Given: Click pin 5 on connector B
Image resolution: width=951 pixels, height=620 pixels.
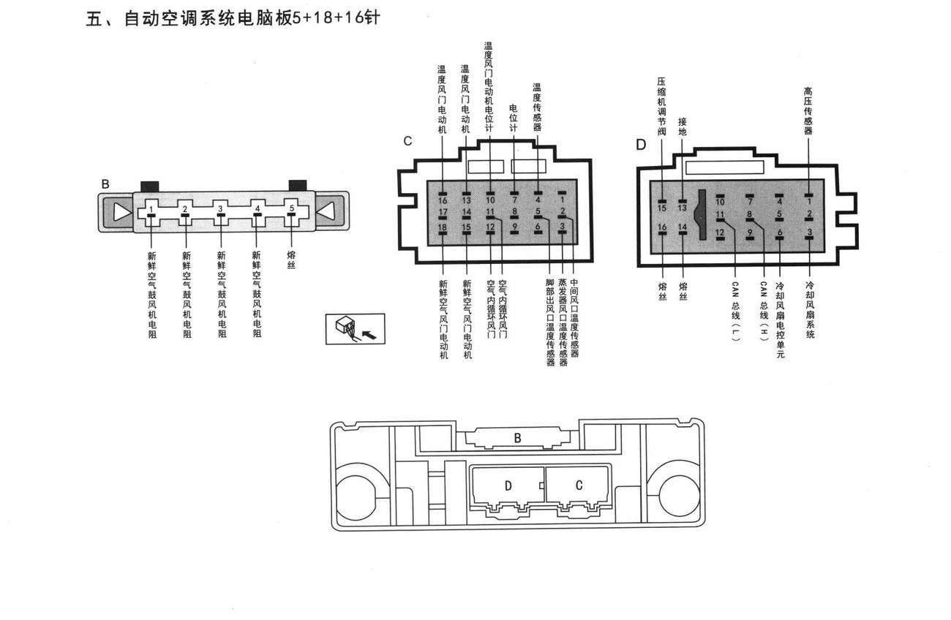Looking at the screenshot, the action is pos(292,215).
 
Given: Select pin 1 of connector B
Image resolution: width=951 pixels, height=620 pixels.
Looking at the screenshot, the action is pos(151,216).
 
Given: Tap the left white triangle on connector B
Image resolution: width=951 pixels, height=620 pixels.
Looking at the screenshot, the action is pos(122,211).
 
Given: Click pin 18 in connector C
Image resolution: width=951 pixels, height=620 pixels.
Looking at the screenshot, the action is pos(443,232).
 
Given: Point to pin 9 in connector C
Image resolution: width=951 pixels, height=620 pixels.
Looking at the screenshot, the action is pos(514,232).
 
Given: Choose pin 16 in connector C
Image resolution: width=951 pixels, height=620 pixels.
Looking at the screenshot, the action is pos(443,194).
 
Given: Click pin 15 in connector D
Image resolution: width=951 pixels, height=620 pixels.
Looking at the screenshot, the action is pos(662,201).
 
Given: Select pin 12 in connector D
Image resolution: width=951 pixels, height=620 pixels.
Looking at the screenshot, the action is pos(720,238).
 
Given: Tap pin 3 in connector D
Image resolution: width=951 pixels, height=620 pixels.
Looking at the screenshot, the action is pos(809,238).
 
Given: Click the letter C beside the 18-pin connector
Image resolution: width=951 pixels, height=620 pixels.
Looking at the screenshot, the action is pos(407,141).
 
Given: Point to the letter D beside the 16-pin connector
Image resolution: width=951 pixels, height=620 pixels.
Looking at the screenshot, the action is pos(641,145).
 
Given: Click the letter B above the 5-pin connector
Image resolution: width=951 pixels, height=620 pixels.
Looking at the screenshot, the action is pos(105,184).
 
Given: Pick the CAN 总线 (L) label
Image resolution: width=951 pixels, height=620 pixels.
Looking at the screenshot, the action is pos(735,311).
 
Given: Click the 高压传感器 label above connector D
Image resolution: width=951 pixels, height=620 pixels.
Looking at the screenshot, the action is pos(808,111).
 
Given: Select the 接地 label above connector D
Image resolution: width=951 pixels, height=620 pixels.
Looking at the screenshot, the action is pos(683,127).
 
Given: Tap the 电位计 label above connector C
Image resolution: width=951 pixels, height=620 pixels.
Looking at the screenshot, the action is pos(514,118).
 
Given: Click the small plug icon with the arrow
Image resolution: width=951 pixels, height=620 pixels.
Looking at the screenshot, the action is pos(356,329).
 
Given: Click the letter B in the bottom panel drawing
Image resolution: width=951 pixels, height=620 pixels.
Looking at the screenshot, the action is pos(517,438).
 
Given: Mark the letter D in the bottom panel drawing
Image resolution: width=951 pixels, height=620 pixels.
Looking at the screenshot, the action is pos(508,486).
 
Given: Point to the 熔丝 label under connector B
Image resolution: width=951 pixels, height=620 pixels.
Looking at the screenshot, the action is pos(291,260).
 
